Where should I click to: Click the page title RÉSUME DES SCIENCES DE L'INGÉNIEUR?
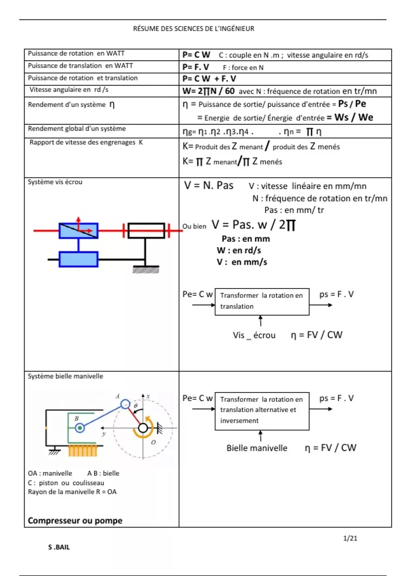click(194, 29)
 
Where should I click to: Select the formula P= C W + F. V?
click(209, 79)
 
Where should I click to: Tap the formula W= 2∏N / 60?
click(208, 91)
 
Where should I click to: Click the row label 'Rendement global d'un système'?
click(77, 129)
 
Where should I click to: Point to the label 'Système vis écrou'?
click(55, 182)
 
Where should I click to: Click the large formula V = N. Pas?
click(209, 186)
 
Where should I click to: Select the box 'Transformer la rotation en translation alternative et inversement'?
click(262, 411)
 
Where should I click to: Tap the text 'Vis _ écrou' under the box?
click(254, 335)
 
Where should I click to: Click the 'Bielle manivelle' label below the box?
click(257, 448)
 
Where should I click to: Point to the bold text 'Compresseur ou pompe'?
click(75, 520)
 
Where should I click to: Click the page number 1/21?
click(350, 538)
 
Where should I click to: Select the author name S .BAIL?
click(59, 547)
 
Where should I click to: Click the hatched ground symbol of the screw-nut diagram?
click(145, 270)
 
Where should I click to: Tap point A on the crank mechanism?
click(125, 404)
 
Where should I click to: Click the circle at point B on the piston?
click(80, 428)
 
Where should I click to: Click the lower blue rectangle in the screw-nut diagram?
click(78, 260)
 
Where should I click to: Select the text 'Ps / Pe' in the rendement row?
click(352, 104)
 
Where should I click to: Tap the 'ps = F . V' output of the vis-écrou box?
click(336, 294)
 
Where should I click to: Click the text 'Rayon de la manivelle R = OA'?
click(72, 492)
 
